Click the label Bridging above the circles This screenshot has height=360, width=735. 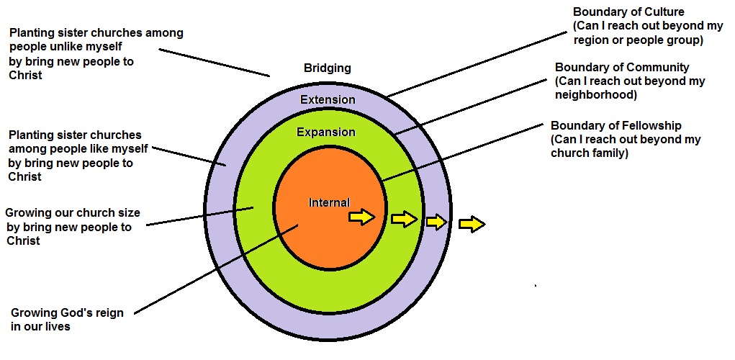click(328, 68)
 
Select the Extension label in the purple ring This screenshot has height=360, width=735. click(328, 99)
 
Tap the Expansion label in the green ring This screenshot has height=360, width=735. click(326, 132)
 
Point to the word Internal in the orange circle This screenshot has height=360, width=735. click(329, 203)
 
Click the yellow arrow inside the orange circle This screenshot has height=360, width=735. click(362, 217)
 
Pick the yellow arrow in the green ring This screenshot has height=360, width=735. click(405, 219)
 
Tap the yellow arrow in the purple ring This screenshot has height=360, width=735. click(436, 222)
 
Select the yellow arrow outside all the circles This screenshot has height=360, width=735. click(472, 225)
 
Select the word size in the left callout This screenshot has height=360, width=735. click(127, 214)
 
